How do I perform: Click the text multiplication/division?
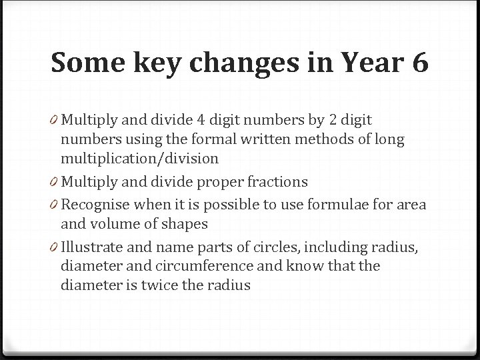[139, 159]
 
